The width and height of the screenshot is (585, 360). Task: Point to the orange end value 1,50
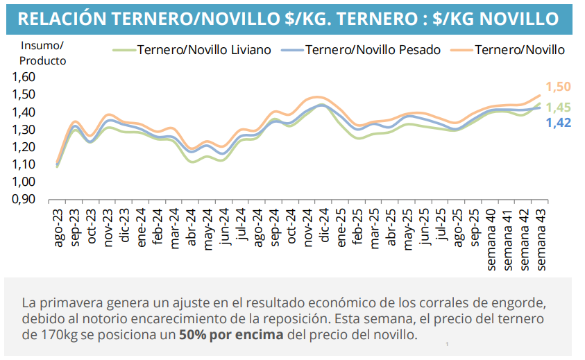[558, 87]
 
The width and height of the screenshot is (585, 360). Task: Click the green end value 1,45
[558, 108]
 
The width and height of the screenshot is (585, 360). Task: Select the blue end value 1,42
[558, 123]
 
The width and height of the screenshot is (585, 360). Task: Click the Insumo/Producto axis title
[42, 53]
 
